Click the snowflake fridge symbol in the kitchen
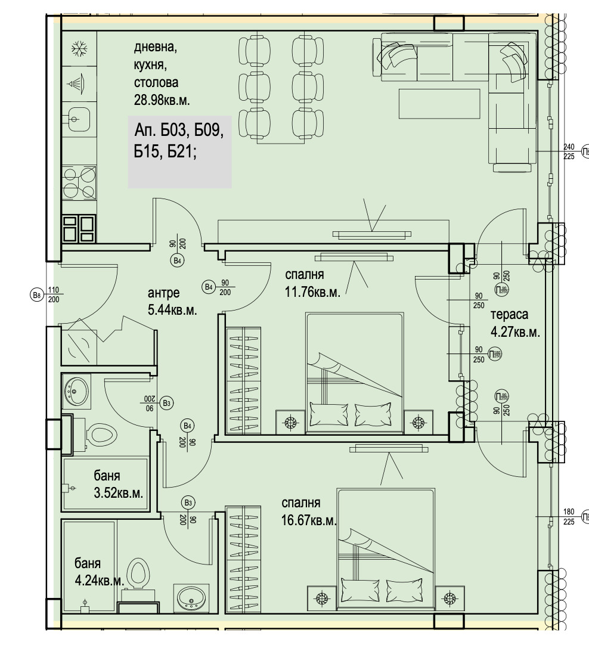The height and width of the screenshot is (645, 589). [77, 49]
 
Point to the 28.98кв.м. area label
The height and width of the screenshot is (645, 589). [162, 100]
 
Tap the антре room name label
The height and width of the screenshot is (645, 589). [164, 293]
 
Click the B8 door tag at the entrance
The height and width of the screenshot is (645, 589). [36, 294]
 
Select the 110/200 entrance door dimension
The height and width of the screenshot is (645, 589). [53, 294]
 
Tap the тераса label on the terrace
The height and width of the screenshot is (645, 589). [510, 315]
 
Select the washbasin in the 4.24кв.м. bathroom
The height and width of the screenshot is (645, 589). [191, 597]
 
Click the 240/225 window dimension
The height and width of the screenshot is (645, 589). [569, 152]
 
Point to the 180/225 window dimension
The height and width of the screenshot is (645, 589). [569, 516]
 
